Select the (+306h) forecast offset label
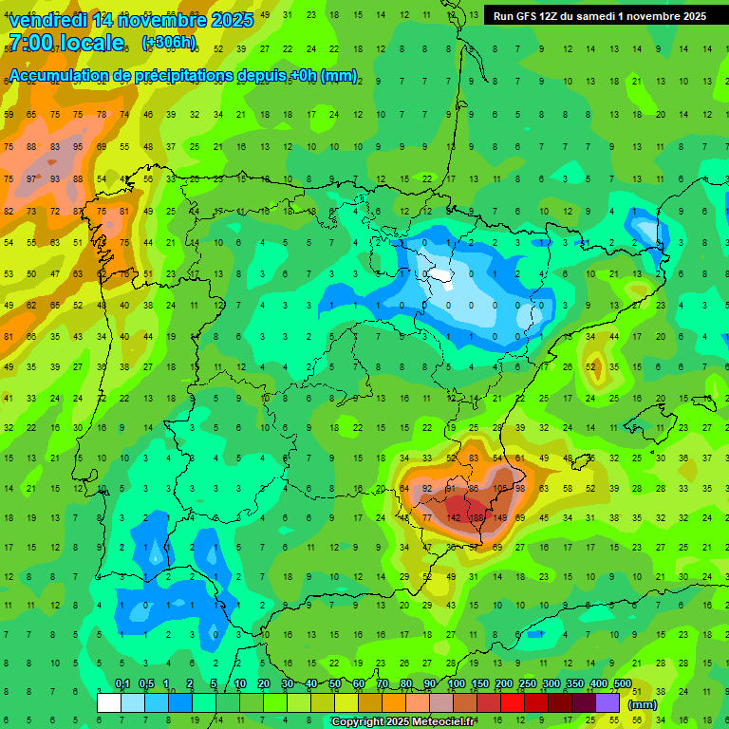(168, 43)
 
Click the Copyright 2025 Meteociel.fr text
(403, 722)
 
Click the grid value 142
(455, 518)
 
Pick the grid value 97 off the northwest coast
(31, 179)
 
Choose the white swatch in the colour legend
(109, 702)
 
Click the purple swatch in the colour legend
(607, 702)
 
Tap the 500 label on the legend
(622, 684)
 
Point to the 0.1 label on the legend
(121, 684)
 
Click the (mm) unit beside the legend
(643, 705)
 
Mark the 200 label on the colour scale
(503, 684)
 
